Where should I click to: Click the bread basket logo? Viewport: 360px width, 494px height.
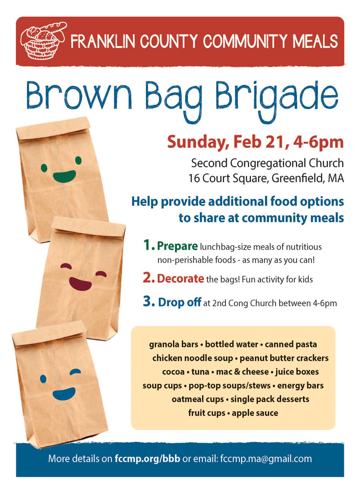(43, 40)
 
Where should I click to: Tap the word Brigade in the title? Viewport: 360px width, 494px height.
(277, 98)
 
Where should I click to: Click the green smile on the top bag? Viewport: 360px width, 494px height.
(64, 176)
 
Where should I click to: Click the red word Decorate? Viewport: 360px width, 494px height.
(180, 278)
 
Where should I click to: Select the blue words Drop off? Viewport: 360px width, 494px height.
(180, 302)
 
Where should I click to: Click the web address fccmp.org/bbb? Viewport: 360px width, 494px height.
(147, 459)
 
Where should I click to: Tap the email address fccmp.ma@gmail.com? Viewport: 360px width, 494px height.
(266, 459)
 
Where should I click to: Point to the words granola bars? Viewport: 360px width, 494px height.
(174, 344)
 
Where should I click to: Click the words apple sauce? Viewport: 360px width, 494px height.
(255, 413)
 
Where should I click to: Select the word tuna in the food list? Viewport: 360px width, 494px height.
(200, 372)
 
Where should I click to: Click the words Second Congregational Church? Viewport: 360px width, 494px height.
(267, 163)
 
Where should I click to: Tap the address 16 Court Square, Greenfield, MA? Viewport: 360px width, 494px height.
(266, 178)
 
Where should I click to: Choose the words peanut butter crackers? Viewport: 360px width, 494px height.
(284, 358)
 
